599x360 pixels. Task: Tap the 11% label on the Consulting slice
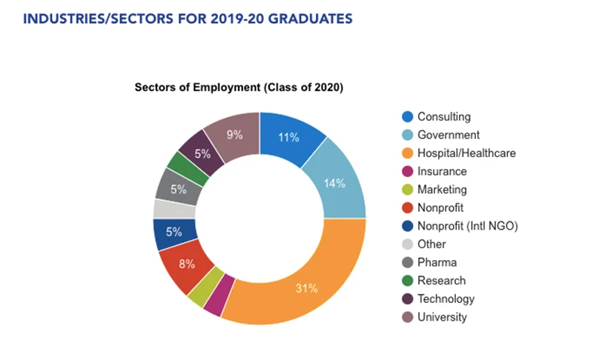(x=289, y=137)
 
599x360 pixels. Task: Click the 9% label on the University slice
(x=234, y=134)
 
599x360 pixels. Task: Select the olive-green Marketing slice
(x=196, y=295)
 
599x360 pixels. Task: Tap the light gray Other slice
(x=164, y=209)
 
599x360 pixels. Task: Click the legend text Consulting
(x=443, y=116)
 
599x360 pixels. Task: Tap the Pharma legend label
(x=437, y=262)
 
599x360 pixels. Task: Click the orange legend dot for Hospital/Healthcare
(x=407, y=153)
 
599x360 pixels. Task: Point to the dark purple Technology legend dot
(x=407, y=299)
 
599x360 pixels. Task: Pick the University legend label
(x=442, y=317)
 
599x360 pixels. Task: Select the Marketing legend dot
(x=407, y=190)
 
